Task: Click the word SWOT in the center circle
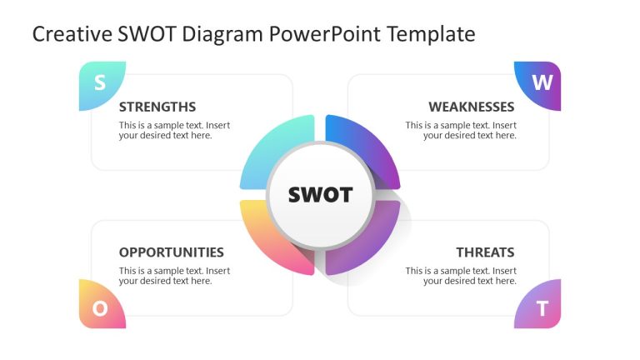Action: coord(320,195)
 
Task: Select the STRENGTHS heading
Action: coord(157,107)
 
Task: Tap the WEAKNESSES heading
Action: coord(471,107)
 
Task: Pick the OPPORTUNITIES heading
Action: coord(171,252)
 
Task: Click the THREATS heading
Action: coord(485,252)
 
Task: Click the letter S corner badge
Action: coord(100,83)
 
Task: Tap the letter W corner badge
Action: coord(540,83)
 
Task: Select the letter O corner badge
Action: coord(100,307)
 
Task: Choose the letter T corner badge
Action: coord(541,307)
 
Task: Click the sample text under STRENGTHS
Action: coord(174,131)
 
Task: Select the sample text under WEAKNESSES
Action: coord(461,131)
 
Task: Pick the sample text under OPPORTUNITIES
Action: coord(174,276)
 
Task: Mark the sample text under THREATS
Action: coord(461,276)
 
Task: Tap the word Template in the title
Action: coord(434,34)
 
